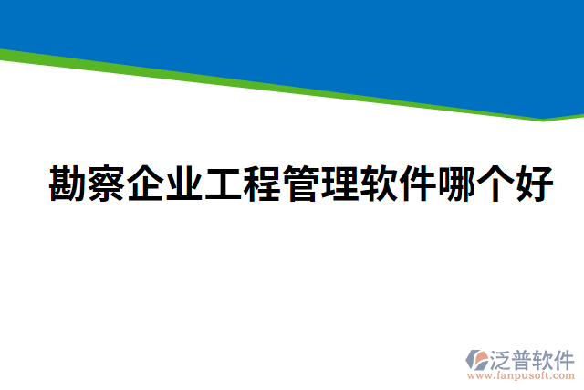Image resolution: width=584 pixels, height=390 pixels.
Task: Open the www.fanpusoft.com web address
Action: coord(520,374)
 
